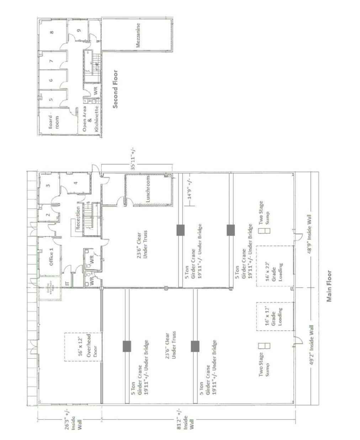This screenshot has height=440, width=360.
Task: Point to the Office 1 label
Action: (51, 259)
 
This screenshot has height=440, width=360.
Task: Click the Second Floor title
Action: (115, 89)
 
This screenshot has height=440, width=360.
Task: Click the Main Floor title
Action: (329, 286)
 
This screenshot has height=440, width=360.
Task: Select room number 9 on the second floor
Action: (78, 30)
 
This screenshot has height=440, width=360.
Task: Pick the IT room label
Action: (67, 283)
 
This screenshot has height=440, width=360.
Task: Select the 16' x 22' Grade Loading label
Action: (273, 272)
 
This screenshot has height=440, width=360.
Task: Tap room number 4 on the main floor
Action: (75, 183)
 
